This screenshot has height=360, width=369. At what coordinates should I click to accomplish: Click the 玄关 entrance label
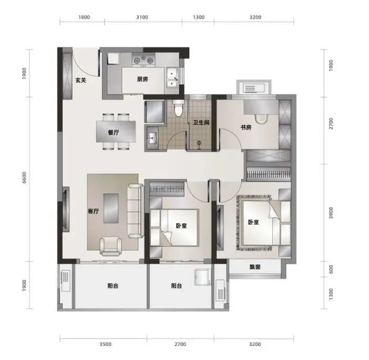tap(81, 81)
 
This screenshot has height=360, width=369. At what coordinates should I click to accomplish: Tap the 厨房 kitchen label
tap(142, 79)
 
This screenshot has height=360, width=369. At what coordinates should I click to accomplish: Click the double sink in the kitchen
tap(172, 77)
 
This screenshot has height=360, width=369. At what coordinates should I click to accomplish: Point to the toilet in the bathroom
tap(179, 108)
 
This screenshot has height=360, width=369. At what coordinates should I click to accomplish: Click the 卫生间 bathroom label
tap(201, 123)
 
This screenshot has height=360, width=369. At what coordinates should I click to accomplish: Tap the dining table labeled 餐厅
tap(116, 132)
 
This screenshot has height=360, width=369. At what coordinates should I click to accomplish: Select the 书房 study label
tap(246, 127)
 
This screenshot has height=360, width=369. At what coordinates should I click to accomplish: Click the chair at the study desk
tap(261, 119)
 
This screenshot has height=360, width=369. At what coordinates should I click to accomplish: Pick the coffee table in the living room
tap(111, 208)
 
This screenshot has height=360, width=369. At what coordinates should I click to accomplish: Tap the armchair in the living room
tap(110, 246)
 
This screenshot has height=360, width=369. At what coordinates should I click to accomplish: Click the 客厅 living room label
tap(93, 212)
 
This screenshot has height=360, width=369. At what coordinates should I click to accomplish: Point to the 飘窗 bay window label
tap(255, 267)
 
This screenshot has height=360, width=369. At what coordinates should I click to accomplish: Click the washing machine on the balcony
tap(202, 277)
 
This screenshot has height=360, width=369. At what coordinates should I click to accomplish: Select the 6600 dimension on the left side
tap(25, 178)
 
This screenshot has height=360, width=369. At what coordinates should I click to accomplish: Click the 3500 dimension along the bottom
tap(105, 344)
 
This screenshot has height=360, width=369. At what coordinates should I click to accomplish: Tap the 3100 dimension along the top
tap(142, 17)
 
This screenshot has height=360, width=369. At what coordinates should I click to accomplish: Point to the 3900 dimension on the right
tap(331, 213)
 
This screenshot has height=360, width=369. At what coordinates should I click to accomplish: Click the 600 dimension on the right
tap(331, 269)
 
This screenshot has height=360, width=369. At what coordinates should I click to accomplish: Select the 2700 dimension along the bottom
tap(180, 344)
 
